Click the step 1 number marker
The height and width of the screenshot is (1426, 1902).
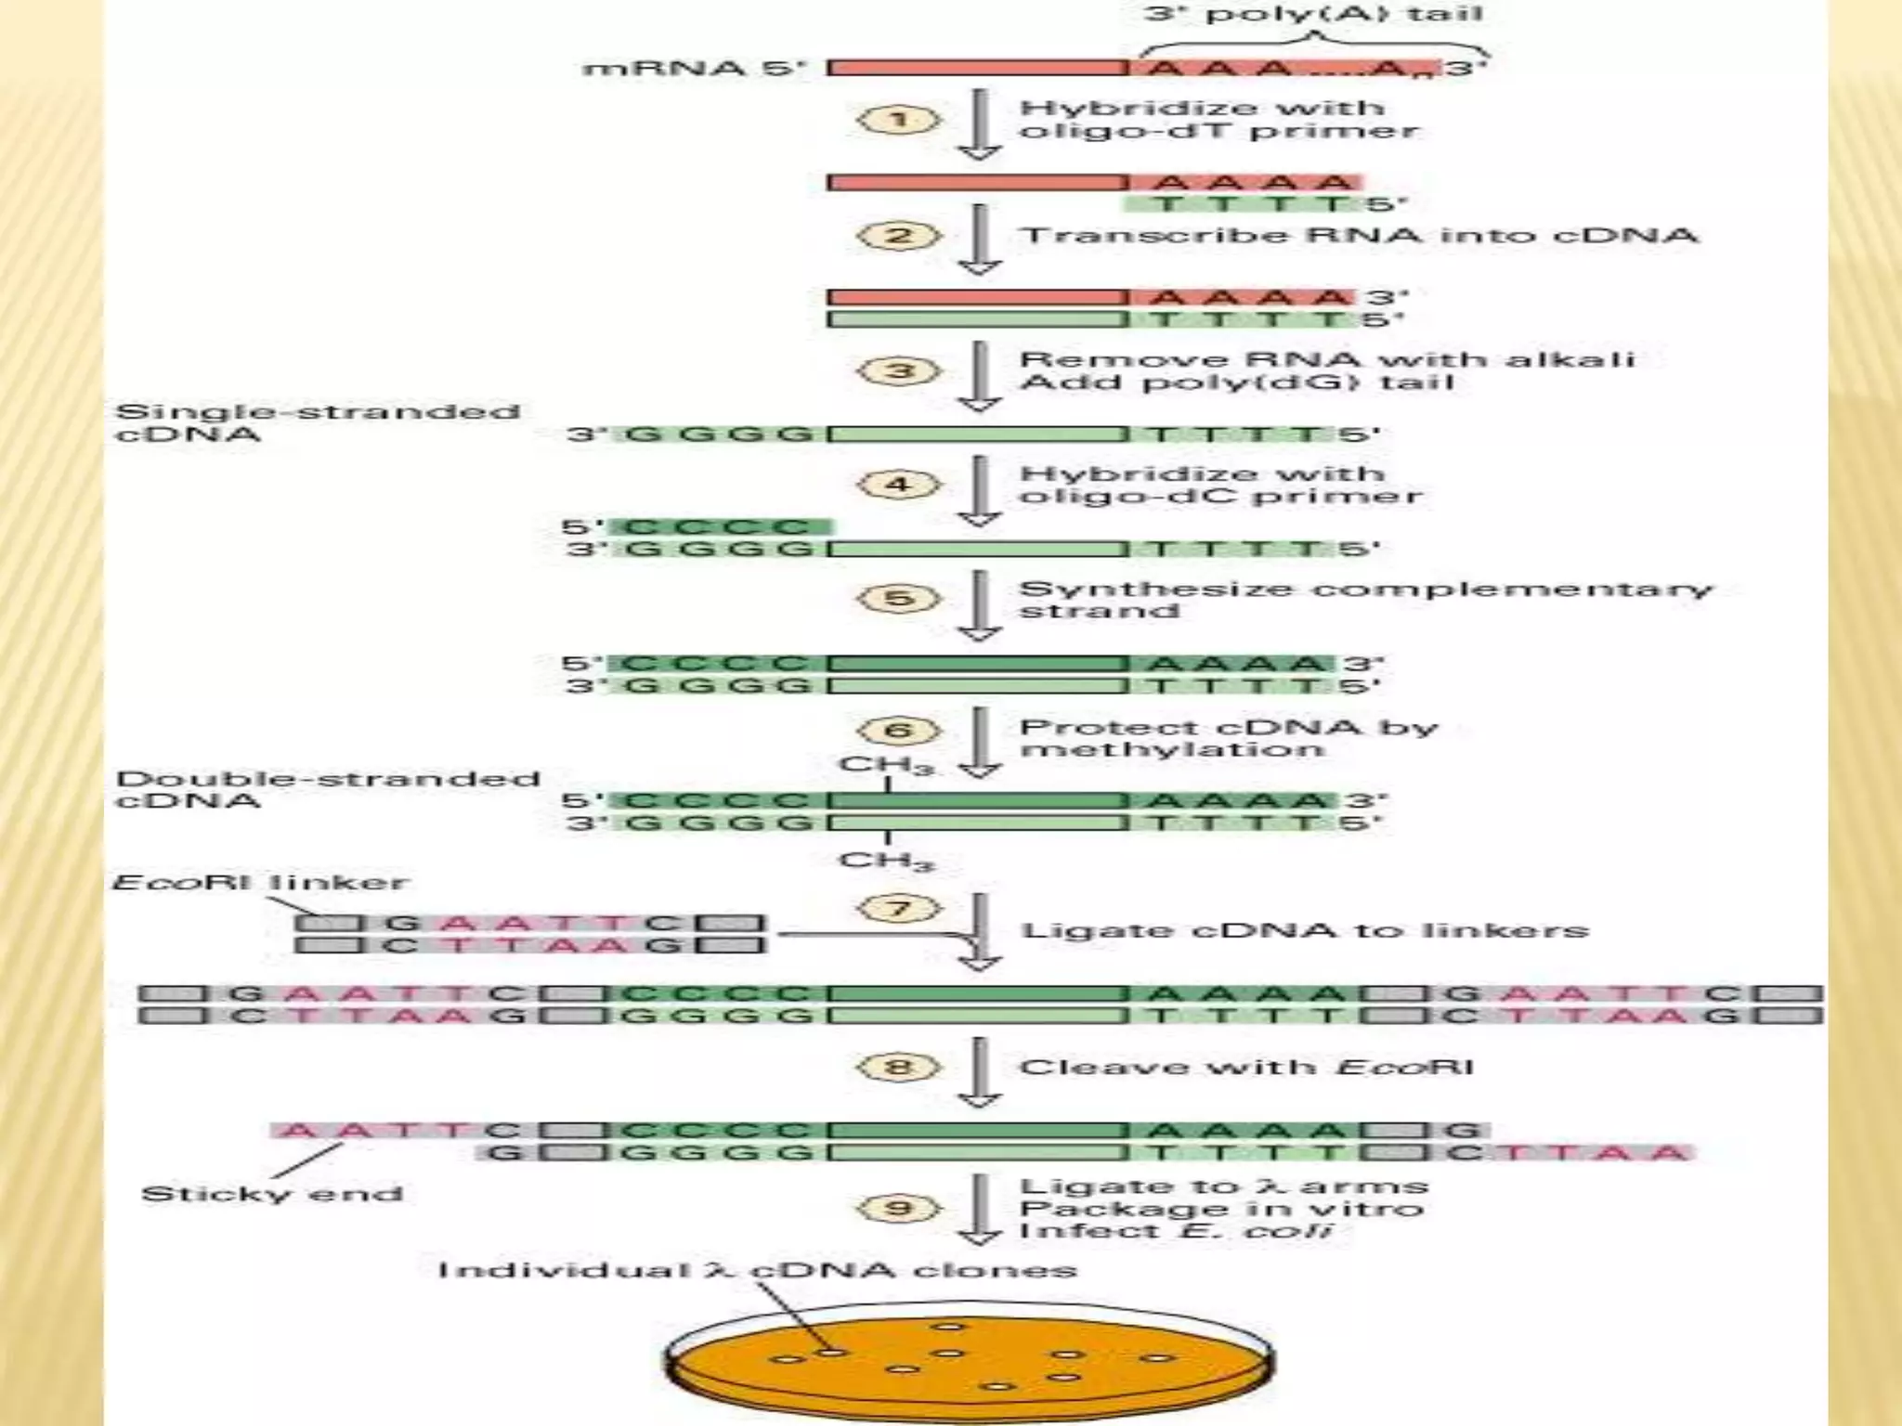[x=898, y=120]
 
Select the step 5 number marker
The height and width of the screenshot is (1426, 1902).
[x=898, y=598]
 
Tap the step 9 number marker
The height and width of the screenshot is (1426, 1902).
[x=898, y=1208]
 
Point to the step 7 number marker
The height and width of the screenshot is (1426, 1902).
[x=898, y=907]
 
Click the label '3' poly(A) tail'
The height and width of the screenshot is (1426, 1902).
[x=1312, y=14]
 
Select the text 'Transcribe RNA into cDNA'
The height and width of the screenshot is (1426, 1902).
[x=1359, y=235]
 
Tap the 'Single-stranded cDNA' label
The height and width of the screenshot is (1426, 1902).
[x=317, y=423]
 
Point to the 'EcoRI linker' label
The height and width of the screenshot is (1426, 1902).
[x=260, y=881]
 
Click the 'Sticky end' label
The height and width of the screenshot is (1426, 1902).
[x=272, y=1193]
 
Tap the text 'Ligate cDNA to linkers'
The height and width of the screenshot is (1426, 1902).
[x=1305, y=930]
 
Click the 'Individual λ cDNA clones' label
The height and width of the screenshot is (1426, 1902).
[x=757, y=1269]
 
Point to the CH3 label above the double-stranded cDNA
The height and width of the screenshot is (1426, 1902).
[x=886, y=766]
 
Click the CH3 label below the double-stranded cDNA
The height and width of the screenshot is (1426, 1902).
[x=886, y=861]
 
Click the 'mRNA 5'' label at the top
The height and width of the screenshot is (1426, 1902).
[x=694, y=69]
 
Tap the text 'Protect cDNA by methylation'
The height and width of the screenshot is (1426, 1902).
[x=1228, y=738]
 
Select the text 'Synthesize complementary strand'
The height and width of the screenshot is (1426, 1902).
[x=1364, y=600]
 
